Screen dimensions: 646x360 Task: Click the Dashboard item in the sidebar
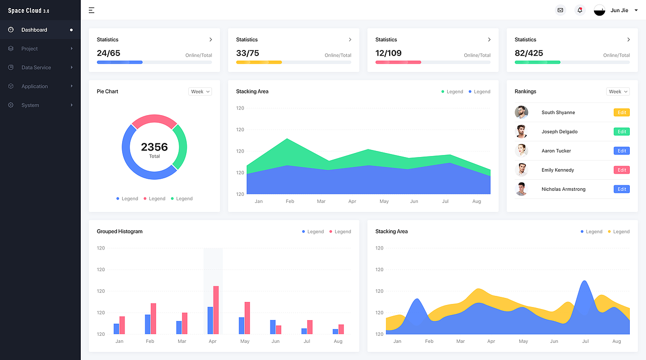pyautogui.click(x=34, y=30)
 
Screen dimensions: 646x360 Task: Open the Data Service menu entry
pyautogui.click(x=36, y=68)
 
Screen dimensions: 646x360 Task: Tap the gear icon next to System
pyautogui.click(x=11, y=105)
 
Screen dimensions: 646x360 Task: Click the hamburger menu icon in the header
pyautogui.click(x=91, y=11)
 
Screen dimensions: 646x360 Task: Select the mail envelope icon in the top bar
pyautogui.click(x=560, y=11)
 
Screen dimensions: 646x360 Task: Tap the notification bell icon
pyautogui.click(x=580, y=11)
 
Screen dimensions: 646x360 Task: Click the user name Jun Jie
pyautogui.click(x=619, y=11)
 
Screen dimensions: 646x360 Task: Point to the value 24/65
pyautogui.click(x=109, y=53)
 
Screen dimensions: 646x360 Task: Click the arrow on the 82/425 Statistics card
pyautogui.click(x=628, y=39)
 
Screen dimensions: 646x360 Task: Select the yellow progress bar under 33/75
pyautogui.click(x=259, y=62)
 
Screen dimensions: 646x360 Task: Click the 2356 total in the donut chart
pyautogui.click(x=154, y=147)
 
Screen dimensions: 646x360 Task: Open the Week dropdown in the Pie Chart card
pyautogui.click(x=200, y=91)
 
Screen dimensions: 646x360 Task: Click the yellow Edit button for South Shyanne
pyautogui.click(x=621, y=113)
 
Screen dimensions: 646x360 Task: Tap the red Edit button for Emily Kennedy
pyautogui.click(x=621, y=170)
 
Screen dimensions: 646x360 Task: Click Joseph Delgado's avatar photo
pyautogui.click(x=521, y=132)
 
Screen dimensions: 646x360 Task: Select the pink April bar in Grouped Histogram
pyautogui.click(x=216, y=310)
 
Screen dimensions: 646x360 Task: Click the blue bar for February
pyautogui.click(x=148, y=324)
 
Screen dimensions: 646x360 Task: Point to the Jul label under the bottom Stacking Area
pyautogui.click(x=585, y=341)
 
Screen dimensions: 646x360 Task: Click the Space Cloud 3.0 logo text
pyautogui.click(x=29, y=11)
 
